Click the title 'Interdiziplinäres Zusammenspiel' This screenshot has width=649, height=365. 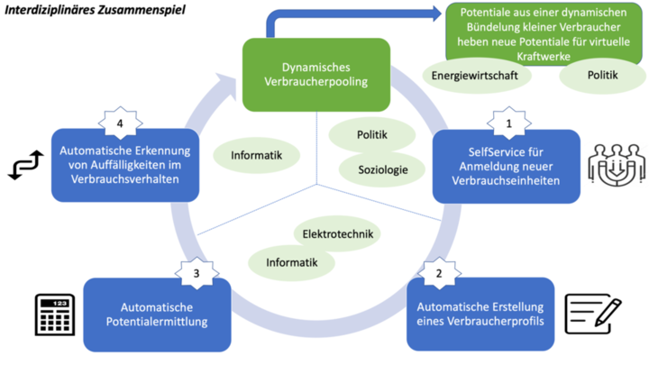point(96,10)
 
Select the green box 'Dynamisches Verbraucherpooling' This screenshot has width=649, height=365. point(316,75)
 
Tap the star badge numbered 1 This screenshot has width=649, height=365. point(509,123)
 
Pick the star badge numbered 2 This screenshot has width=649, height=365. point(439,273)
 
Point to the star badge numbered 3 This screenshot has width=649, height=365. point(197,273)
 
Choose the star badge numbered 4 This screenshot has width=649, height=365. point(120,123)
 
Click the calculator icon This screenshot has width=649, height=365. point(55,315)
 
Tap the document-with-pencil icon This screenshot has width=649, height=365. point(593,315)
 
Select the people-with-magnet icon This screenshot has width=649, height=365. point(617,165)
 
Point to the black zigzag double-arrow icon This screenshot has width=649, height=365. point(26,165)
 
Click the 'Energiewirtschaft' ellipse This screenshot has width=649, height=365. point(476,76)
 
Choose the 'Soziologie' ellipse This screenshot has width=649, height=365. point(382,169)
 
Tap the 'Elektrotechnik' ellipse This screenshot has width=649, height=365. point(337,233)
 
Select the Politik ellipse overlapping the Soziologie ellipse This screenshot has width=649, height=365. point(372,134)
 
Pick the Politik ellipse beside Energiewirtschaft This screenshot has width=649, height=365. point(603,76)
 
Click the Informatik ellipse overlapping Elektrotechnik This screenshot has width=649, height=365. point(291,263)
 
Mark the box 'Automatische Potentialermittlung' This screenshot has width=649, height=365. point(157,315)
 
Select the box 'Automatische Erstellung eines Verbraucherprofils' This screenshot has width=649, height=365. point(480,315)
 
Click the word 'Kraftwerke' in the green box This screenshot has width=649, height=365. point(544,56)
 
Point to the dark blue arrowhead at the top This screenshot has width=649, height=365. point(437,14)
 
